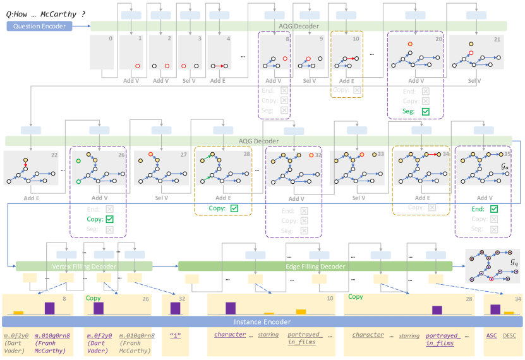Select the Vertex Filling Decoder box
pos(83,267)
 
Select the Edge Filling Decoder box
pos(315,267)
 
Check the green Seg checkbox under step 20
pos(425,111)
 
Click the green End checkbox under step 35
pos(493,209)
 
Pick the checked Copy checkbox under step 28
pos(234,208)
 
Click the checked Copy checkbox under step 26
pos(109,219)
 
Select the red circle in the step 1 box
pos(137,66)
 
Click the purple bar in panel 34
pos(495,309)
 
